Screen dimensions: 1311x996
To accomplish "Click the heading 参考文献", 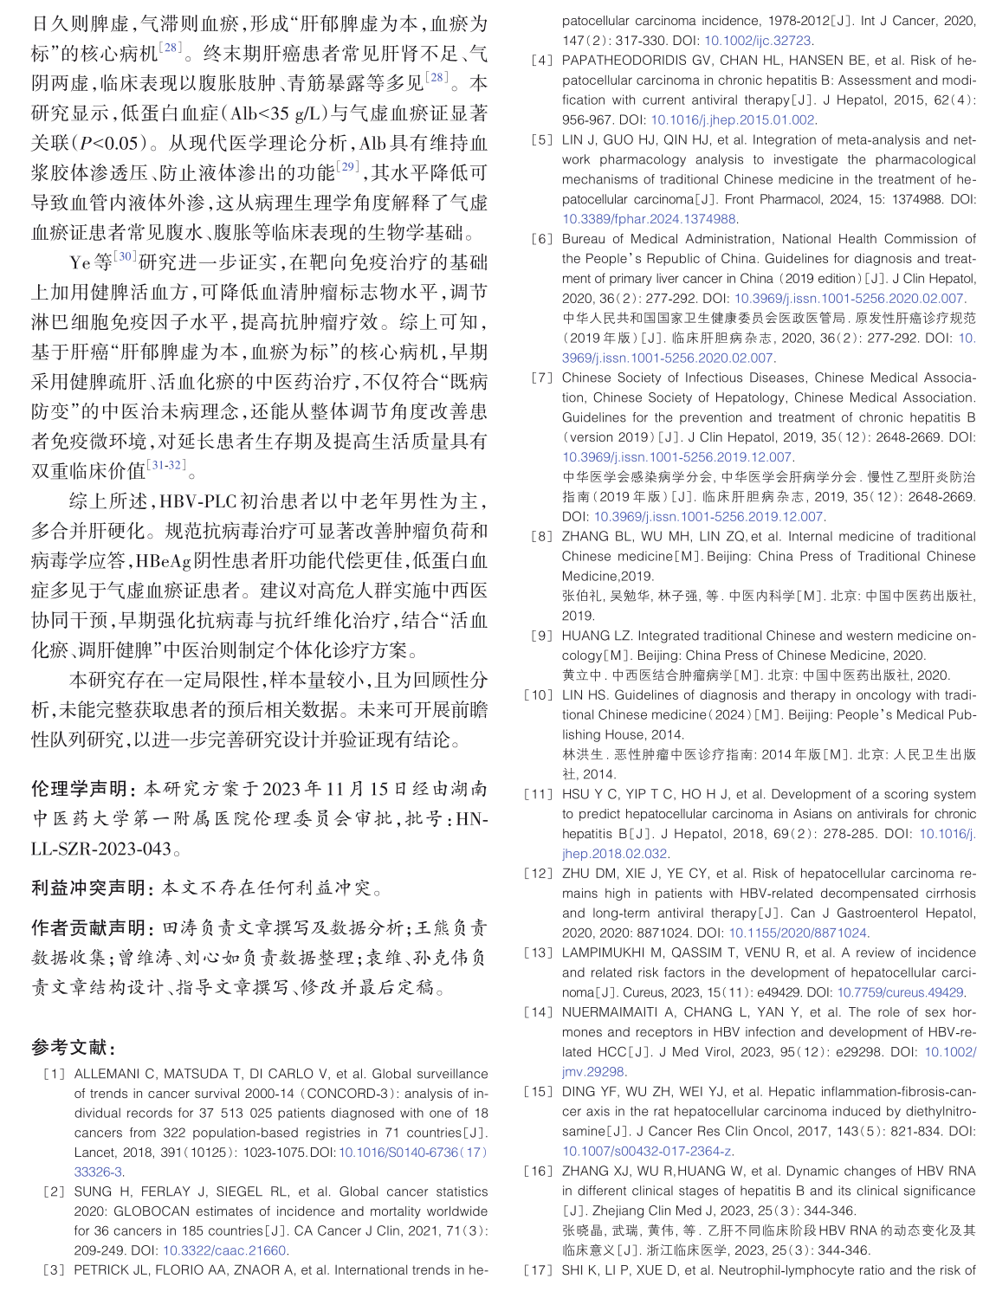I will pos(73,1048).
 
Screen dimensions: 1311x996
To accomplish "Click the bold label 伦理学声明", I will pos(83,789).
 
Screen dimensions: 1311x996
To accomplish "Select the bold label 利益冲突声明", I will pos(92,888).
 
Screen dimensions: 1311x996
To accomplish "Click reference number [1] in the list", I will pos(54,1075).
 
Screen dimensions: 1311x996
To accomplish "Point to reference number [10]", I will pos(538,695).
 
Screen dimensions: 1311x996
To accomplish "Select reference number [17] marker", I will pos(538,1271).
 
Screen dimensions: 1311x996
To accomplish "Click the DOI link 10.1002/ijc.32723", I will pos(757,41).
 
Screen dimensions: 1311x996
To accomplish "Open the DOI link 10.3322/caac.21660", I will pos(224,1251).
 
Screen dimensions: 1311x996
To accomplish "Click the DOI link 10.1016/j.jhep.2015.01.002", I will pos(733,120).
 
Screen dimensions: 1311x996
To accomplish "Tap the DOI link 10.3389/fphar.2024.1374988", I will pos(650,220).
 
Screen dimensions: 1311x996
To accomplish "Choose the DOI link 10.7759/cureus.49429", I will pos(901,993).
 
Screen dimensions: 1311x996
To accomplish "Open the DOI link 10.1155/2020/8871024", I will pos(798,933).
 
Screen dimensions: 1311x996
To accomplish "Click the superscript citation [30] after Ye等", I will pos(126,256).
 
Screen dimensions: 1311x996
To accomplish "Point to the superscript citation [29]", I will pos(348,166).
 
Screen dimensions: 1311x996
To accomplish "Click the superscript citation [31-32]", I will pos(166,465).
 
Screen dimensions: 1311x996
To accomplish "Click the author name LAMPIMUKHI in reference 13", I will pos(602,953).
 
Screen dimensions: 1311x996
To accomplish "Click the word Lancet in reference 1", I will pos(94,1153).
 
